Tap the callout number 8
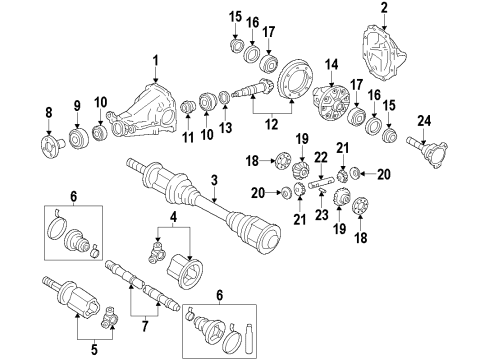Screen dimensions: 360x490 48,110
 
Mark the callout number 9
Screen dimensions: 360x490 78,108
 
